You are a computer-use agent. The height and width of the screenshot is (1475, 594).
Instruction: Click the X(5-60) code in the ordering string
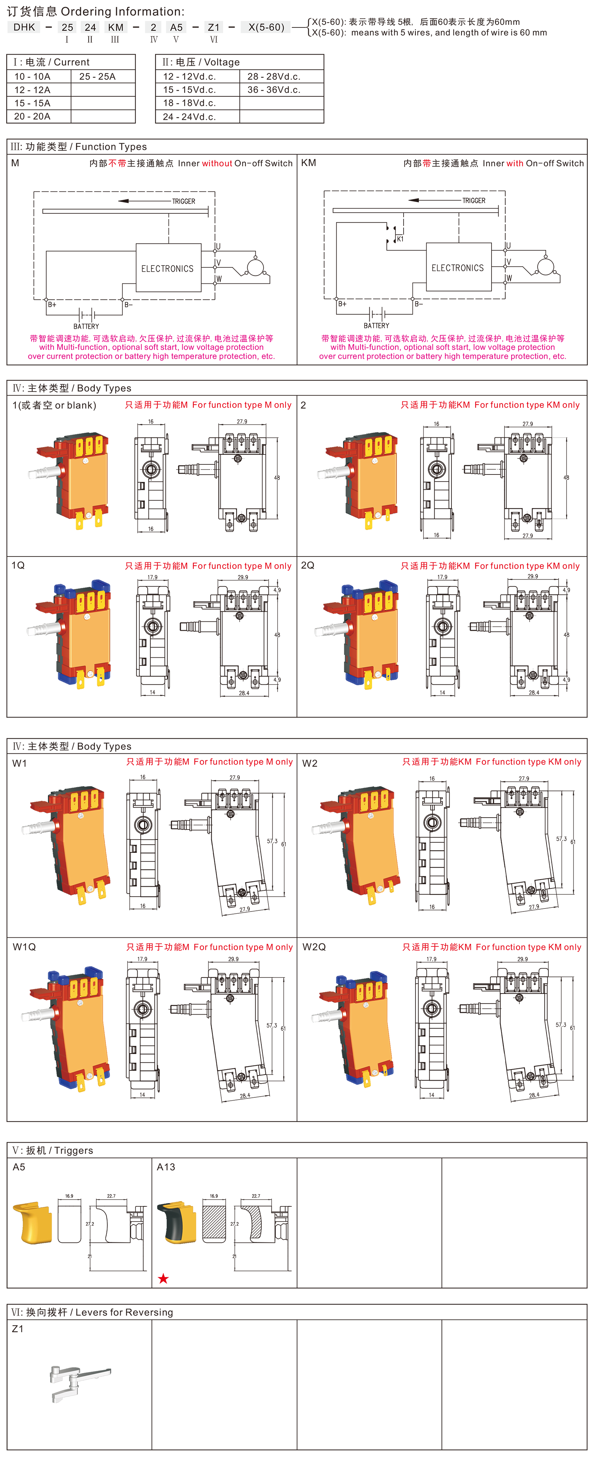tap(266, 27)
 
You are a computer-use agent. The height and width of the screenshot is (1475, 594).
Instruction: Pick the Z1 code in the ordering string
tap(214, 27)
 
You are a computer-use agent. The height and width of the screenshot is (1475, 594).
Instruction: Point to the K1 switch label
tap(400, 239)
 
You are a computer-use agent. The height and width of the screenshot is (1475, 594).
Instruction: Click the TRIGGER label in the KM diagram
tap(474, 200)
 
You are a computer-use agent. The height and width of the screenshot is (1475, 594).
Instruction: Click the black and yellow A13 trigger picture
tap(177, 1222)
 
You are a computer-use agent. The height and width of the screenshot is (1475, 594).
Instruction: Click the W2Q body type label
tap(314, 947)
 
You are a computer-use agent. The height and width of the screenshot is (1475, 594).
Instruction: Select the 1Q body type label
tap(18, 565)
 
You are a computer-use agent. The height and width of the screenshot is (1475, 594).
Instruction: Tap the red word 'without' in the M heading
tap(217, 163)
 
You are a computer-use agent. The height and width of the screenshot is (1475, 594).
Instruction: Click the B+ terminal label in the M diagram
tap(52, 305)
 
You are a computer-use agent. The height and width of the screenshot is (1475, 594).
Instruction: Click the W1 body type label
tap(19, 763)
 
